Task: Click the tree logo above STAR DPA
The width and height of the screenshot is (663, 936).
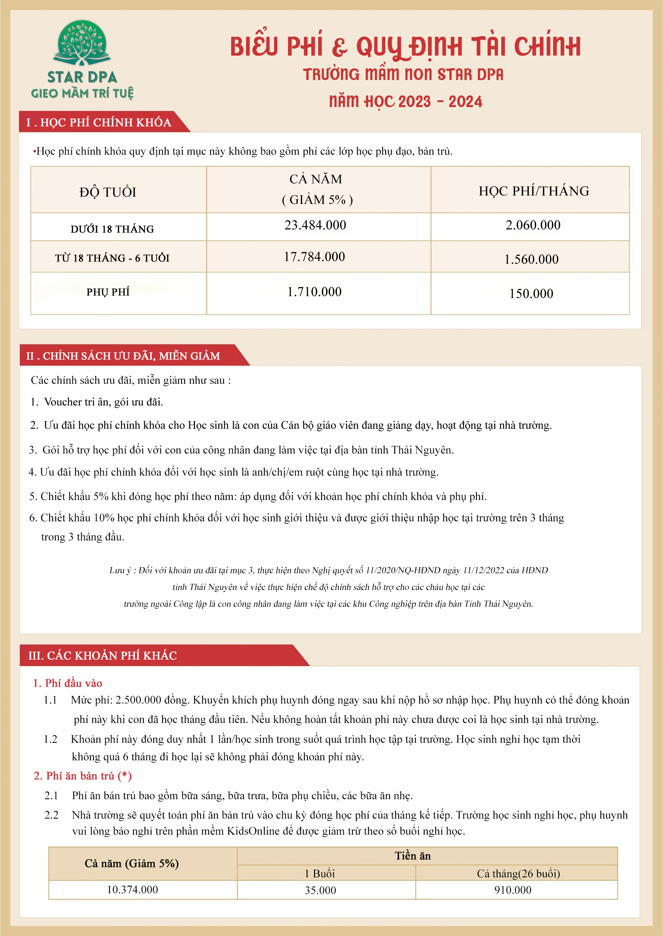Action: click(x=82, y=43)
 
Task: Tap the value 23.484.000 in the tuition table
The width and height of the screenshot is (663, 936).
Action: click(x=315, y=225)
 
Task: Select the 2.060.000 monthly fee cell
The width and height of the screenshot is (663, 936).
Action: click(x=533, y=225)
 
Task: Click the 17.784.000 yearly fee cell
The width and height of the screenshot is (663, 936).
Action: click(x=314, y=257)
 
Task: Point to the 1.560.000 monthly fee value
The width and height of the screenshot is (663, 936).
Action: click(x=531, y=260)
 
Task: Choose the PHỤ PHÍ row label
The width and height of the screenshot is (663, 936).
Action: click(x=108, y=292)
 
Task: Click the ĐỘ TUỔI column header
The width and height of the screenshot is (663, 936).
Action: click(x=108, y=192)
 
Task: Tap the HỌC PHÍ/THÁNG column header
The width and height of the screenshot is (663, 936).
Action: click(x=534, y=191)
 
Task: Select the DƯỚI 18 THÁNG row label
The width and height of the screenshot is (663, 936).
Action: click(x=112, y=229)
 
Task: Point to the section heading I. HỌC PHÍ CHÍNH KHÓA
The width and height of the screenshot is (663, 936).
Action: click(x=98, y=122)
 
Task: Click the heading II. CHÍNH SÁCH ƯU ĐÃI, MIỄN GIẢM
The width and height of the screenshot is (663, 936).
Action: click(x=123, y=356)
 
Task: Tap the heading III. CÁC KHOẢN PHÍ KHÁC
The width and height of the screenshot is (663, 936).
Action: click(x=103, y=656)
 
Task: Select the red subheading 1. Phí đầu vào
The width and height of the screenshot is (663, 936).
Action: click(x=68, y=683)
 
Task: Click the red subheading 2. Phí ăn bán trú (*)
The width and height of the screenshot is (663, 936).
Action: click(x=82, y=776)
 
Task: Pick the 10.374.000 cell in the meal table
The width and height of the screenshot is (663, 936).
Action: click(x=132, y=890)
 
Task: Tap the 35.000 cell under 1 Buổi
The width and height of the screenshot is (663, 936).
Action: click(x=320, y=890)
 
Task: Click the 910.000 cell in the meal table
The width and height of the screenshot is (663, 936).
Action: click(x=513, y=890)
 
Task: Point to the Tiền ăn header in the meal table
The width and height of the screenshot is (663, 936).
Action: click(x=413, y=856)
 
